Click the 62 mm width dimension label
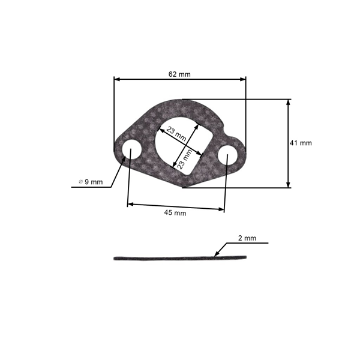pyautogui.click(x=179, y=74)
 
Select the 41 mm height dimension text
pyautogui.click(x=301, y=143)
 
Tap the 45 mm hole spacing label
pyautogui.click(x=175, y=213)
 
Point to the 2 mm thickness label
pyautogui.click(x=247, y=238)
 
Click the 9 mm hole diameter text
pyautogui.click(x=94, y=182)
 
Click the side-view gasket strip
pyautogui.click(x=180, y=259)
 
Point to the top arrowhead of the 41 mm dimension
pyautogui.click(x=289, y=103)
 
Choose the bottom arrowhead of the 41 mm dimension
pyautogui.click(x=289, y=184)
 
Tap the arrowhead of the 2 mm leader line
pyautogui.click(x=216, y=255)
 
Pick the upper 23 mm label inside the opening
pyautogui.click(x=176, y=133)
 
